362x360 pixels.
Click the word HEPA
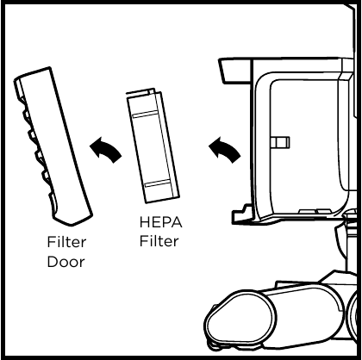[x=160, y=222]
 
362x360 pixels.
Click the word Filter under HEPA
[x=159, y=240]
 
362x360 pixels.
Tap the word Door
[x=66, y=262]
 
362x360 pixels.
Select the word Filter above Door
[x=66, y=242]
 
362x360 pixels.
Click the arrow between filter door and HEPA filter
[x=105, y=149]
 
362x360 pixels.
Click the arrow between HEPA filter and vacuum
[x=224, y=149]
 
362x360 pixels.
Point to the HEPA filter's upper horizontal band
[x=145, y=114]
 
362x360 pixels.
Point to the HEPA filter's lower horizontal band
[x=158, y=183]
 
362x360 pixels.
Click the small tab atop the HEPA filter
[x=152, y=90]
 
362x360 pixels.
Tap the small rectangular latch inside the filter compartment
[x=281, y=142]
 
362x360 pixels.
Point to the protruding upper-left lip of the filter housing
[x=234, y=71]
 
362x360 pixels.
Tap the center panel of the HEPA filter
[x=152, y=149]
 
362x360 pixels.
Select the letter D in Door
[x=52, y=262]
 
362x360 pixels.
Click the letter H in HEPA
[x=145, y=222]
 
